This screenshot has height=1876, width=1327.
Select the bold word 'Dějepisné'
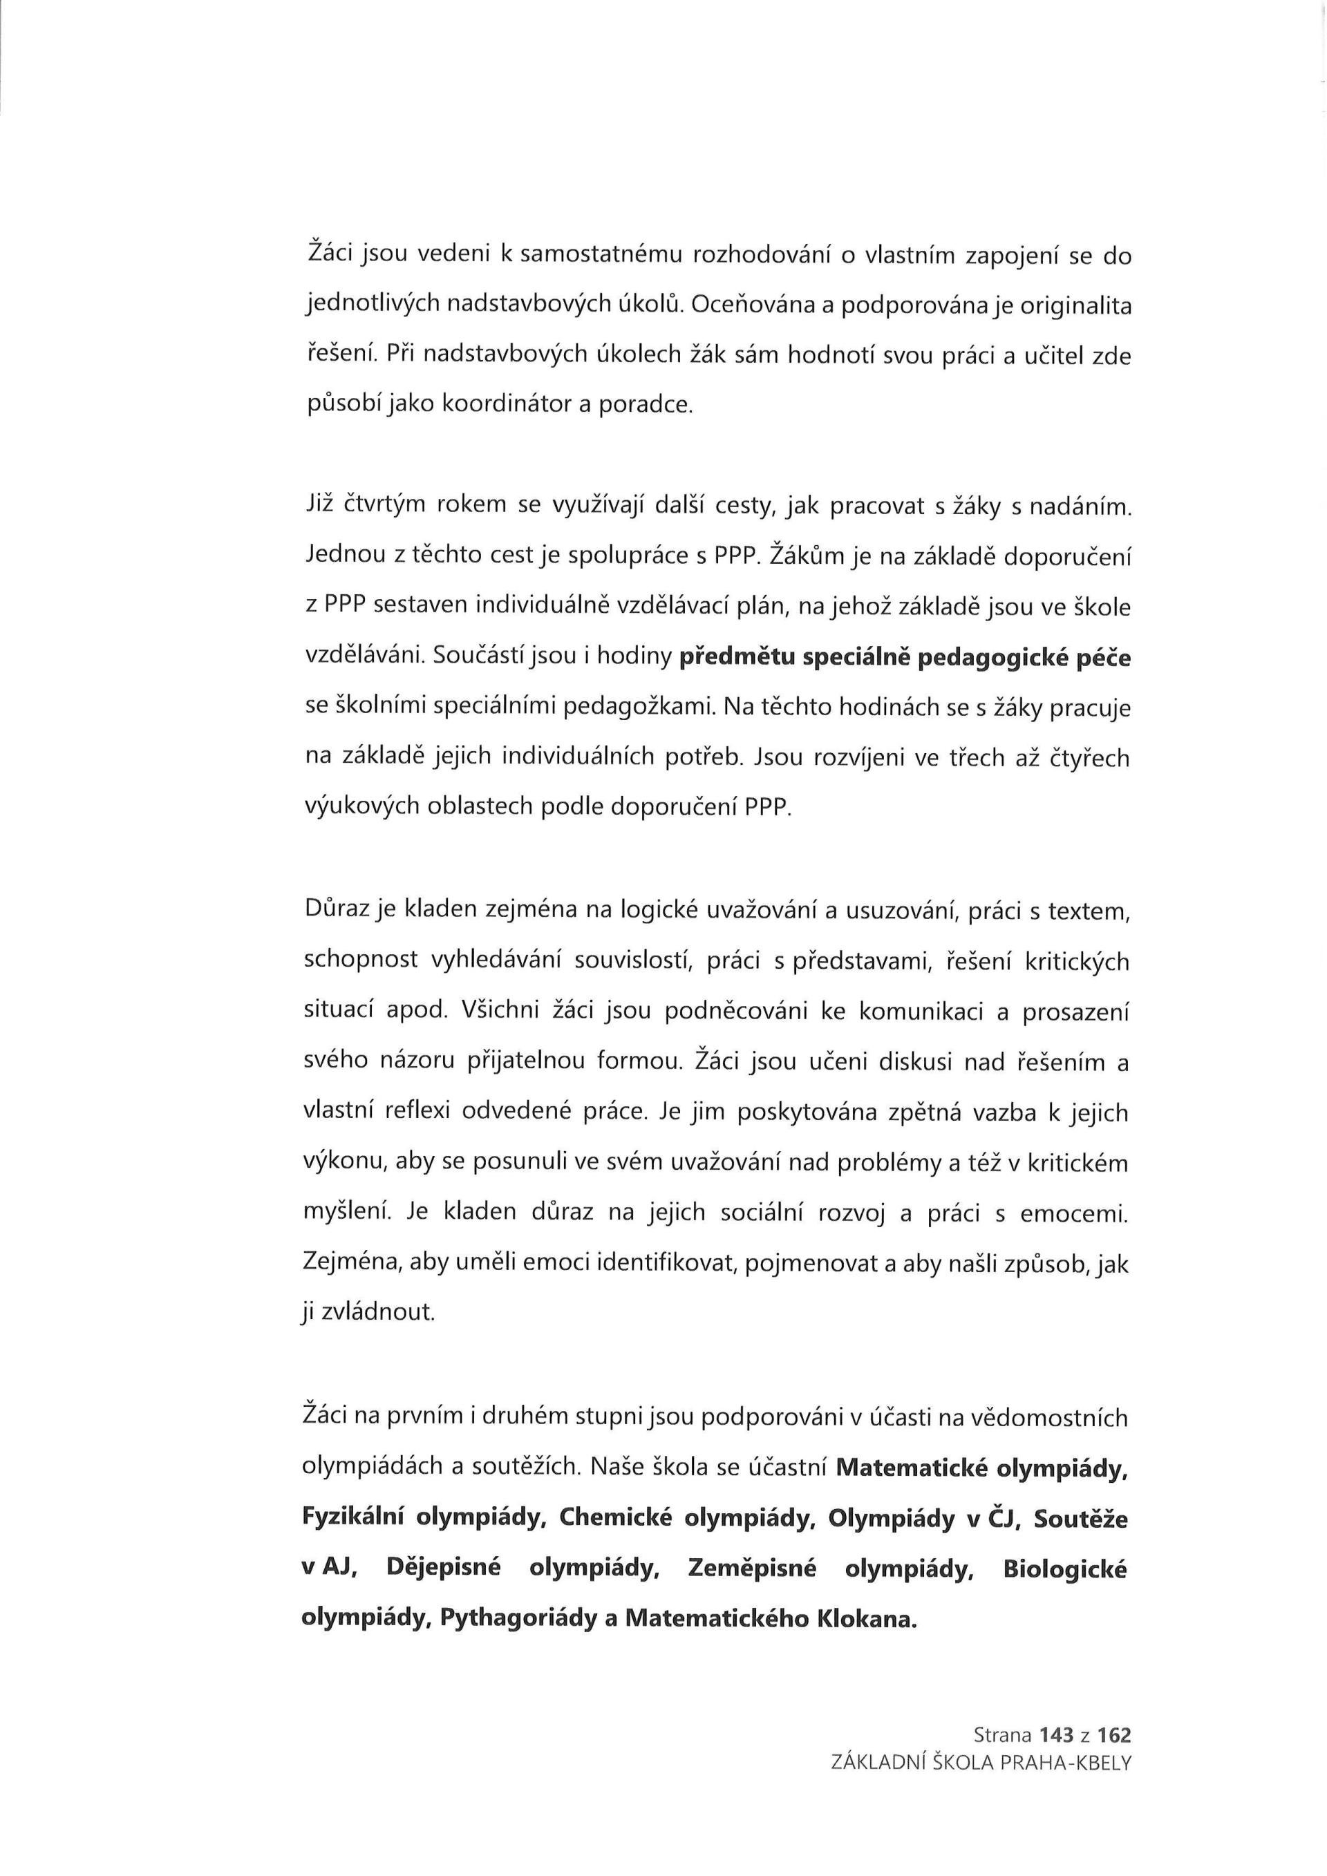tap(443, 1568)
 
